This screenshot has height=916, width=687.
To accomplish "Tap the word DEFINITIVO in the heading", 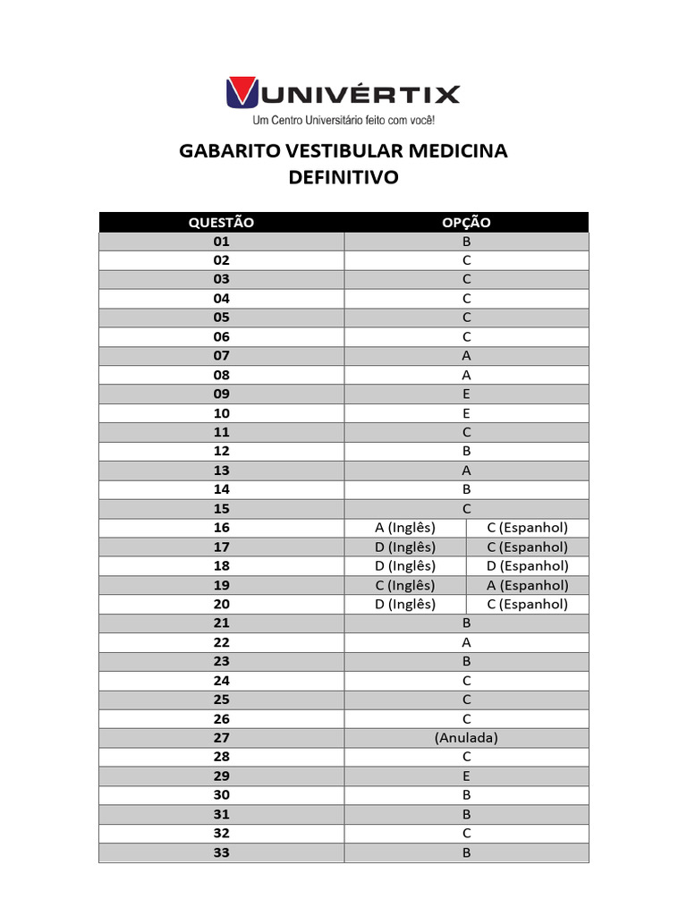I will tap(343, 177).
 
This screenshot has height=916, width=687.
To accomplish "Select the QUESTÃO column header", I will tap(221, 222).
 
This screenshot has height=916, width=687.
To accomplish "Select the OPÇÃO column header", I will tap(466, 222).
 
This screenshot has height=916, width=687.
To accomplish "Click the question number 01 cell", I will tap(221, 242).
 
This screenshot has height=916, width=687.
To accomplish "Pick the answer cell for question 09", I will tap(466, 394).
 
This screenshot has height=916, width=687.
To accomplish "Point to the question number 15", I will tap(221, 508).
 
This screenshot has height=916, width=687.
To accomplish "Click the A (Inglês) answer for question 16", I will tap(405, 528).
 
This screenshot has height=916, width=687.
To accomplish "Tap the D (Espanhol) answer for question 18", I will tap(527, 565).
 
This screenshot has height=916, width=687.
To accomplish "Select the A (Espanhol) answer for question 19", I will tap(527, 585).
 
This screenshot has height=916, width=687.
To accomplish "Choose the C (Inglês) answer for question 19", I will tap(405, 585).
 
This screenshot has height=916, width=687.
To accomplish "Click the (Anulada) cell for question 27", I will tap(466, 738).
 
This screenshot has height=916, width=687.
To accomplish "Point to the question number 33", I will tap(221, 852).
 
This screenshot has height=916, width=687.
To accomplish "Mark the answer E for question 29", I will tap(466, 776).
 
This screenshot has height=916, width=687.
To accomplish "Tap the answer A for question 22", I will tap(466, 642).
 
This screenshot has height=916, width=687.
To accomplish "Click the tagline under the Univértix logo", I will tap(343, 120).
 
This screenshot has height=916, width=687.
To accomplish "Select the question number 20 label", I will tap(221, 604).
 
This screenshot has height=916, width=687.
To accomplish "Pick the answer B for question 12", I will tap(466, 451).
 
